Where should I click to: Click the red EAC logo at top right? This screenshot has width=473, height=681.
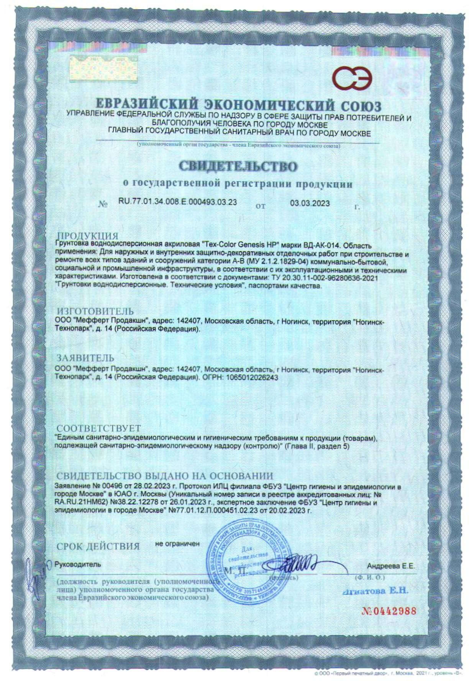point(353,80)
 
